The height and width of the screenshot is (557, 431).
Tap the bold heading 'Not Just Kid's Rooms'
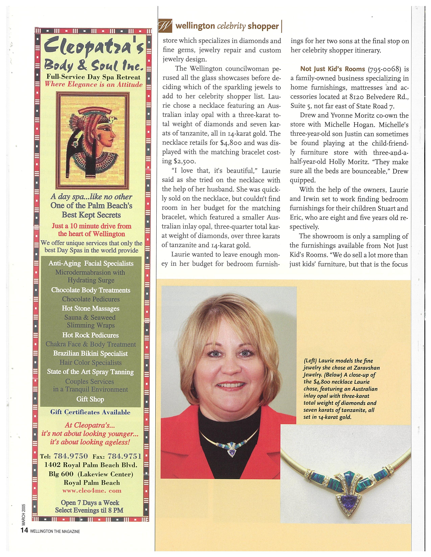point(332,69)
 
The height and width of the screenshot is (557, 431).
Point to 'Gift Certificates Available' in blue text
point(90,412)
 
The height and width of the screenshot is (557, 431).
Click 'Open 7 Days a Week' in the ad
point(90,503)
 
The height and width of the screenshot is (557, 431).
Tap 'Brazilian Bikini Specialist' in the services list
point(90,353)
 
